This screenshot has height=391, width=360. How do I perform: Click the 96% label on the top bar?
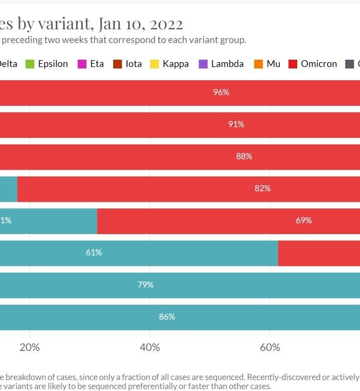click(221, 93)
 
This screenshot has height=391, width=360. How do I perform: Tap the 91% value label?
click(236, 125)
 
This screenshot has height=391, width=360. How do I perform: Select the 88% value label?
click(244, 156)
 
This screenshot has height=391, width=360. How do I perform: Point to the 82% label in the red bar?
click(262, 188)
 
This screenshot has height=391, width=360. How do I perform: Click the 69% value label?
click(303, 220)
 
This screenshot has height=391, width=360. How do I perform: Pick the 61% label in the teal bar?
click(94, 252)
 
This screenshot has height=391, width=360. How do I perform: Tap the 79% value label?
click(145, 285)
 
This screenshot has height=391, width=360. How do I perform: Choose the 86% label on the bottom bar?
click(167, 316)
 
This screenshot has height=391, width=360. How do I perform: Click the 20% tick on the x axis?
click(29, 347)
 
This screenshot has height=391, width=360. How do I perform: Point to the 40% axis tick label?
click(150, 347)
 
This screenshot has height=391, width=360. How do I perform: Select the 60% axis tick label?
click(270, 347)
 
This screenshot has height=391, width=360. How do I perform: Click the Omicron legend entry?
click(319, 64)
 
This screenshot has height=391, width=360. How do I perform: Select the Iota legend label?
click(134, 64)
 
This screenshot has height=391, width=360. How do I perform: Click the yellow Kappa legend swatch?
click(154, 64)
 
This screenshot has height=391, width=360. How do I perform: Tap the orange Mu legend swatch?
click(258, 64)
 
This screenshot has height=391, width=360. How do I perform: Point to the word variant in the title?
click(66, 24)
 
